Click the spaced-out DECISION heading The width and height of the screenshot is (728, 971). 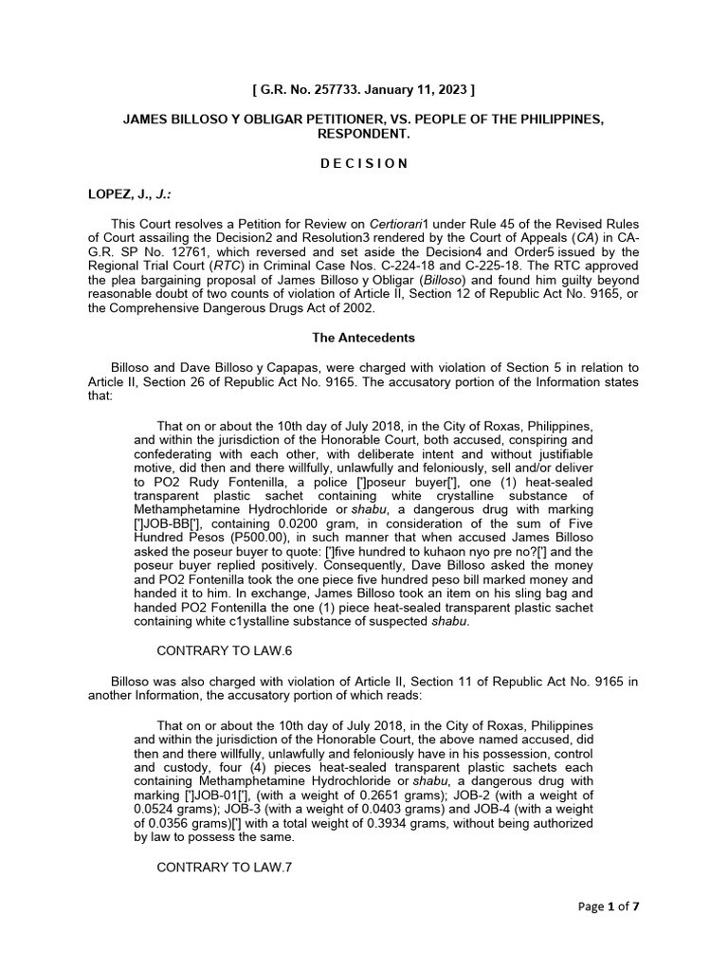pyautogui.click(x=363, y=163)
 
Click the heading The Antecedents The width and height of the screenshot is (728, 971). pyautogui.click(x=363, y=337)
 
